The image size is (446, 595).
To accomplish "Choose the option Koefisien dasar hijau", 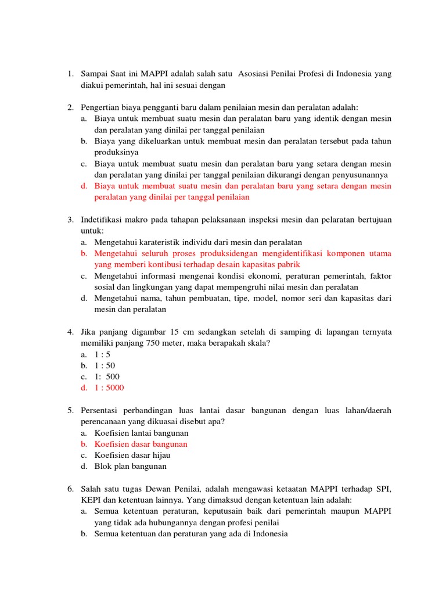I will [132, 455].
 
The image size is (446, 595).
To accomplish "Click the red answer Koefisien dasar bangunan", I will [141, 444].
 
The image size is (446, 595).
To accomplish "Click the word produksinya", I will [117, 152].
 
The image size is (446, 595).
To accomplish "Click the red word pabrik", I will [288, 264].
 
